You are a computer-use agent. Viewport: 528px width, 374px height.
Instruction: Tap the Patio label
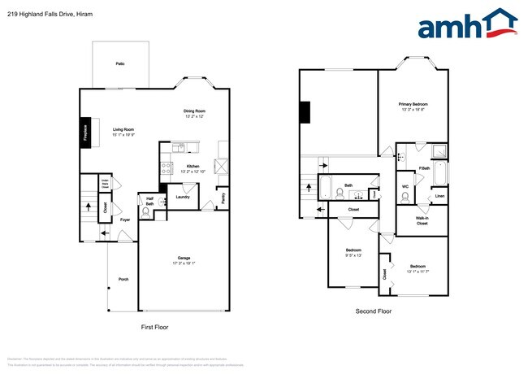click(119, 63)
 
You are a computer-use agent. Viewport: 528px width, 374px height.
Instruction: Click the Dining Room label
click(193, 111)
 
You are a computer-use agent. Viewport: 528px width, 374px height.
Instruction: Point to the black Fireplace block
click(85, 133)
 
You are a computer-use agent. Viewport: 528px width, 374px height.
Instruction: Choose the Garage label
click(184, 259)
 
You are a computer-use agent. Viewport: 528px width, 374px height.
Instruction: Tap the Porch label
click(123, 279)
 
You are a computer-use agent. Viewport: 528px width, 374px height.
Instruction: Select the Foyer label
click(126, 220)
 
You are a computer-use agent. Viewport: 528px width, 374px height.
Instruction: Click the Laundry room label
click(183, 197)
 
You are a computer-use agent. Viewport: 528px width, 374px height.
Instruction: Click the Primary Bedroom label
click(413, 104)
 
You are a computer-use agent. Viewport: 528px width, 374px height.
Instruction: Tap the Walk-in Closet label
click(422, 220)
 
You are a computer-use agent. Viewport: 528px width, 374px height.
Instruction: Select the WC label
click(405, 187)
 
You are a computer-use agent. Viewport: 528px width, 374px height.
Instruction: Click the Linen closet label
click(439, 196)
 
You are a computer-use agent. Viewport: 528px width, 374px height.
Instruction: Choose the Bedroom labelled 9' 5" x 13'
click(353, 250)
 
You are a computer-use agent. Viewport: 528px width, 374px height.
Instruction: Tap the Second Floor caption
click(374, 311)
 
